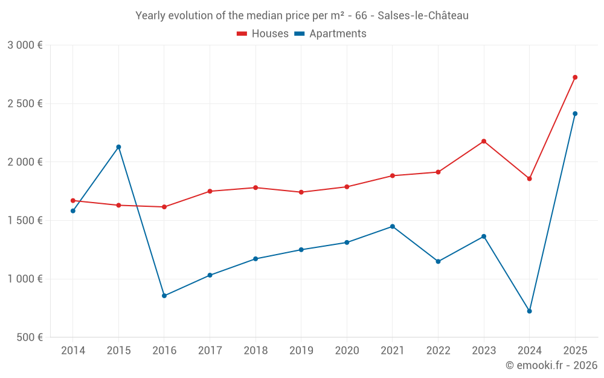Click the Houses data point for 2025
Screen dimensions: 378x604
point(575,77)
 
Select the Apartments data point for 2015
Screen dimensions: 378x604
point(118,147)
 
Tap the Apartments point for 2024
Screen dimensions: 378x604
point(529,311)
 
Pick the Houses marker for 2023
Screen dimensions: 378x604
point(484,142)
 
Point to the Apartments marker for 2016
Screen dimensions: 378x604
point(164,296)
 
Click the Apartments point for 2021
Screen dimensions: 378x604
point(393,227)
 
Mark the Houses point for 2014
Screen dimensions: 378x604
point(73,201)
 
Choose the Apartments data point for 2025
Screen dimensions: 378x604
point(575,114)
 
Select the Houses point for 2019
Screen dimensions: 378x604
point(301,192)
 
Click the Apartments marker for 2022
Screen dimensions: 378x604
point(438,262)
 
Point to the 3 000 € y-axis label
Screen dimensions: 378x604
point(25,45)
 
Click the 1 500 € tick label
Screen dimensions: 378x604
point(25,221)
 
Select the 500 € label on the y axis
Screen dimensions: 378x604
point(29,337)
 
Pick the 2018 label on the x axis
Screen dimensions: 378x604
point(255,351)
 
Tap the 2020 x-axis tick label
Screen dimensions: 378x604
point(347,351)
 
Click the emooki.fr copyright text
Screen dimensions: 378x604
point(551,365)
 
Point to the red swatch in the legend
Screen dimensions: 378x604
point(242,34)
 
